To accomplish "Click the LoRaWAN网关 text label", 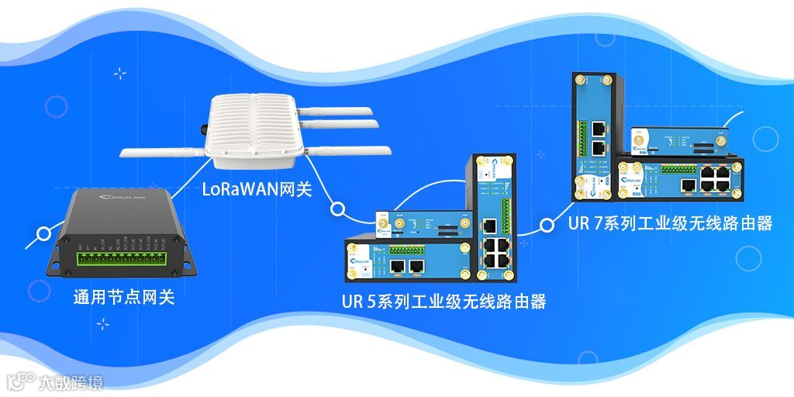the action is pyautogui.click(x=257, y=189).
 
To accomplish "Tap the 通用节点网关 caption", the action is pyautogui.click(x=123, y=297).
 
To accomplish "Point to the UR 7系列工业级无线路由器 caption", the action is pyautogui.click(x=670, y=223).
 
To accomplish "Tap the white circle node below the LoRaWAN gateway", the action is pyautogui.click(x=337, y=209).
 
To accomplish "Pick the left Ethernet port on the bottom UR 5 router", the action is pyautogui.click(x=398, y=266).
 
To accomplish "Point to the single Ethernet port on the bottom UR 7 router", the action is pyautogui.click(x=687, y=185).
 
